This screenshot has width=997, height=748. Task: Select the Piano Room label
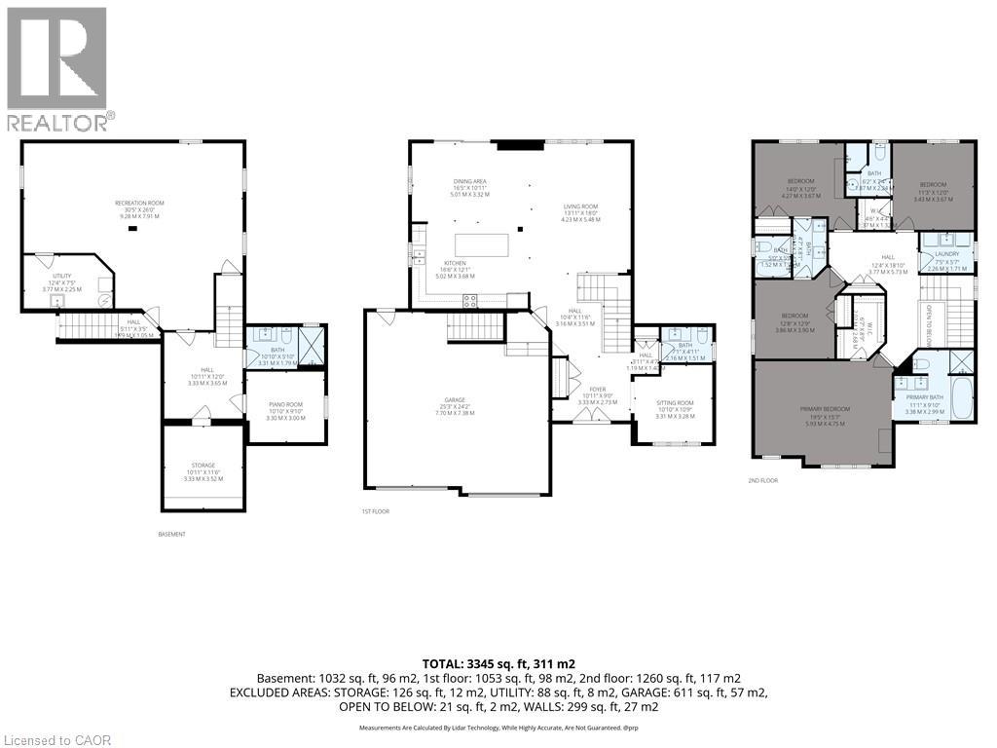tap(285, 412)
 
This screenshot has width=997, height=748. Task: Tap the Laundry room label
tap(946, 254)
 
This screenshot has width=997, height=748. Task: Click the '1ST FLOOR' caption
tap(375, 510)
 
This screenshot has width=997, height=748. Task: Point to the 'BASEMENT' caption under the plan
tap(171, 534)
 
